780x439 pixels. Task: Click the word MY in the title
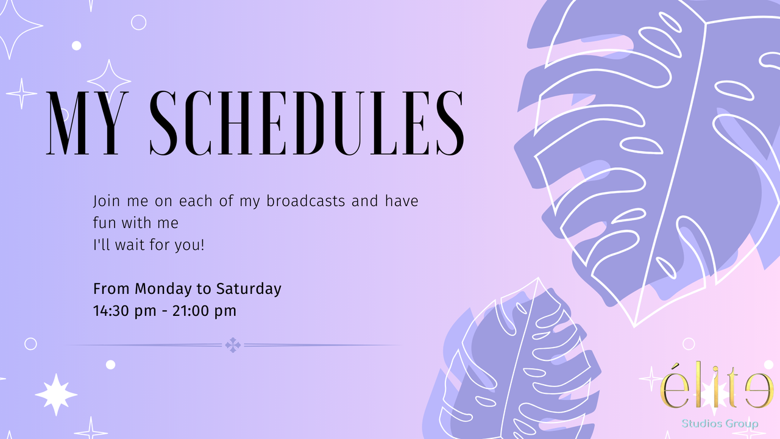pos(87,123)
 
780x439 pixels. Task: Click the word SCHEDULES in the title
pos(307,123)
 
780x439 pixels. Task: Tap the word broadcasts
pos(306,201)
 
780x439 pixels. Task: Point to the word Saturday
pos(249,289)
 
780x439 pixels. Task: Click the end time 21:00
pos(190,310)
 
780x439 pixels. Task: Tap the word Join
pos(106,201)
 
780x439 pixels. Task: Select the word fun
pos(104,223)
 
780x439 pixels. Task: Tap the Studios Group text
pos(720,423)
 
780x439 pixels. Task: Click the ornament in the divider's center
pos(233,345)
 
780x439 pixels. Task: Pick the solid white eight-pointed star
pos(56,394)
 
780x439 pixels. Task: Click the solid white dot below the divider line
pos(110,365)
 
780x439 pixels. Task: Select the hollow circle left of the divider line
pos(30,344)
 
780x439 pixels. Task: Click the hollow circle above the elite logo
pos(689,344)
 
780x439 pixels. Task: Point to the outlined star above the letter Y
pos(109,81)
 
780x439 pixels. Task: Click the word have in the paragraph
pos(402,201)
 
